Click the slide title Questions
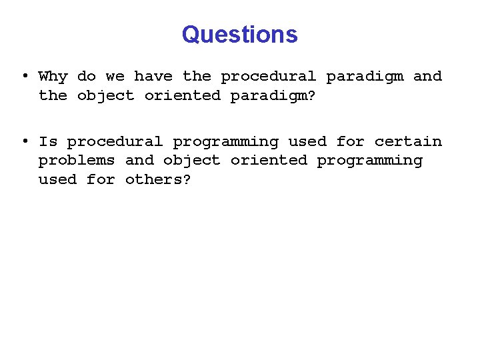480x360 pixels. (239, 34)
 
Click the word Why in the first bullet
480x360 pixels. (53, 77)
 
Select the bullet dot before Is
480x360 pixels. (24, 141)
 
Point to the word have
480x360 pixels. (153, 77)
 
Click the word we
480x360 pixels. (115, 77)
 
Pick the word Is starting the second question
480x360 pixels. (48, 141)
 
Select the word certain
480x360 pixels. (408, 141)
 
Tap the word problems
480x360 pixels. (77, 161)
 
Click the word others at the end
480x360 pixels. (158, 180)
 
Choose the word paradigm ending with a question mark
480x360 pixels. (273, 96)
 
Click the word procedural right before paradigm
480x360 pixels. (269, 77)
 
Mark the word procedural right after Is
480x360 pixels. (115, 141)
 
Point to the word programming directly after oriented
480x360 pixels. (369, 161)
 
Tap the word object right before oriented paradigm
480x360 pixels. (105, 96)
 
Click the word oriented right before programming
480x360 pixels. (269, 161)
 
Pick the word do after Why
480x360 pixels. (86, 77)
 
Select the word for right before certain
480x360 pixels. (350, 141)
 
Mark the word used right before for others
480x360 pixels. (57, 180)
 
